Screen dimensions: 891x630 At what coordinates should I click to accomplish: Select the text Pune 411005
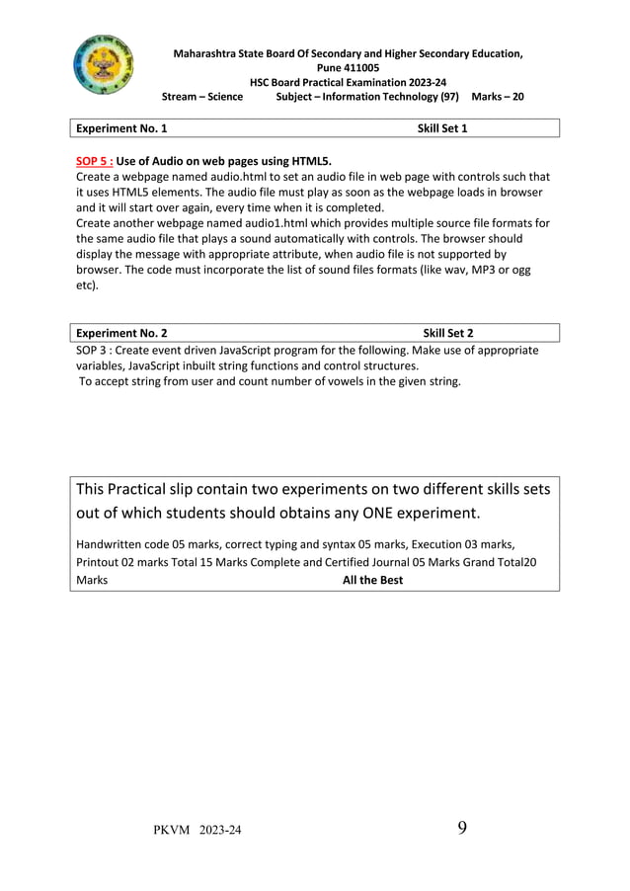[347, 67]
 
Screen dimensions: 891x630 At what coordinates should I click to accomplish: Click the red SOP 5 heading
[94, 160]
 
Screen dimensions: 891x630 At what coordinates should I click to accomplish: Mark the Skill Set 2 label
[448, 334]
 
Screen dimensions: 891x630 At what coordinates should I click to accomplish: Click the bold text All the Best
[372, 580]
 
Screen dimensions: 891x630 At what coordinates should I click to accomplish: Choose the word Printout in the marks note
[97, 561]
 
